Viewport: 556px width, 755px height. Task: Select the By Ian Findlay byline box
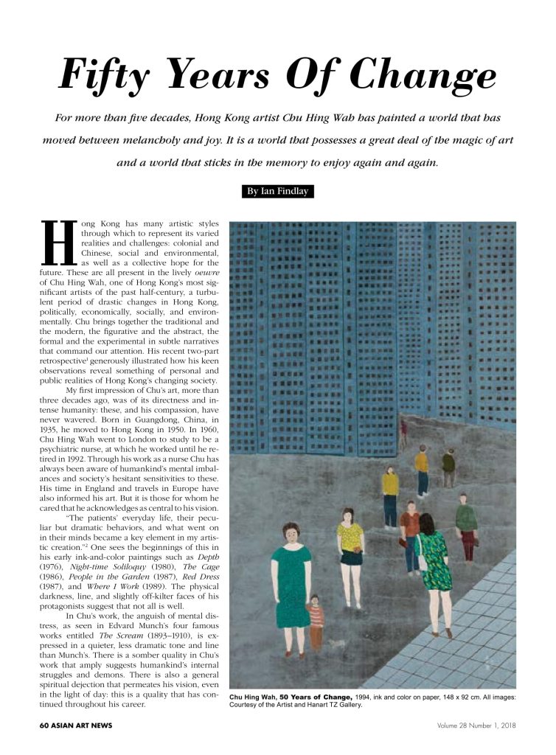tap(277, 192)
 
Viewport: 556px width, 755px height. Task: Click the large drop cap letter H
tap(58, 243)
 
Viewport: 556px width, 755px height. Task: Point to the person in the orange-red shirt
tap(410, 535)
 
